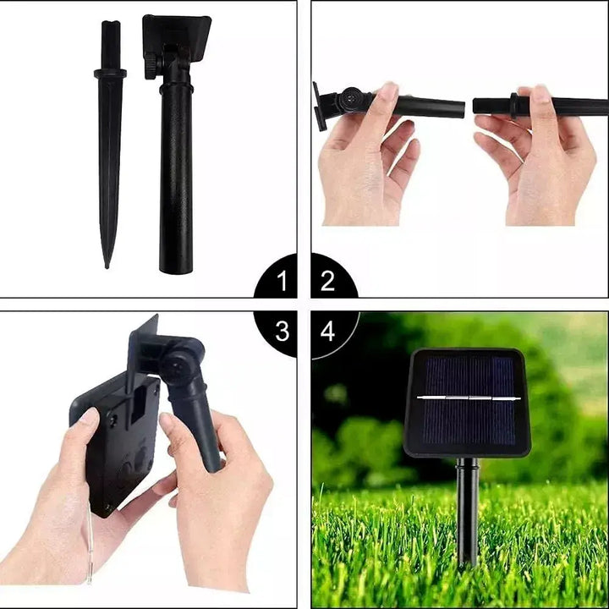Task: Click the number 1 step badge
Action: [282, 279]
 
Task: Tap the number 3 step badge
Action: [282, 331]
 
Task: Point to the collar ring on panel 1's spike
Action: [110, 74]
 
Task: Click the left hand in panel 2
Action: [364, 161]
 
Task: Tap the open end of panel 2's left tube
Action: [461, 109]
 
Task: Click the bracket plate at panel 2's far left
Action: [319, 107]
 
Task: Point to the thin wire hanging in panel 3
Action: [88, 550]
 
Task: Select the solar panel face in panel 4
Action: [467, 402]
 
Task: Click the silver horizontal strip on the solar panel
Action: [467, 397]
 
